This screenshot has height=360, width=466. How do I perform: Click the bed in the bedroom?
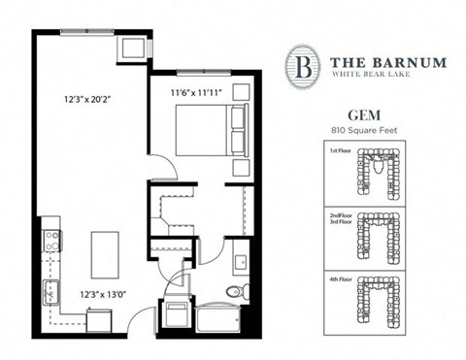pyautogui.click(x=206, y=130)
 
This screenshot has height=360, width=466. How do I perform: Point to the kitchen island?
pyautogui.click(x=105, y=255)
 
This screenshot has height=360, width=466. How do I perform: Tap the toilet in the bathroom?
pyautogui.click(x=236, y=291)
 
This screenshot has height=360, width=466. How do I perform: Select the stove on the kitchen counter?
pyautogui.click(x=51, y=241)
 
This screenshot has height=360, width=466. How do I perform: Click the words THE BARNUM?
pyautogui.click(x=385, y=61)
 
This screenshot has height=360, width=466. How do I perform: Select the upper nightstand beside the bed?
pyautogui.click(x=241, y=93)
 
